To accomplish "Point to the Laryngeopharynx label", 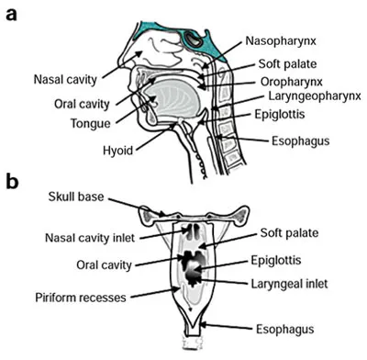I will [x=309, y=96].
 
